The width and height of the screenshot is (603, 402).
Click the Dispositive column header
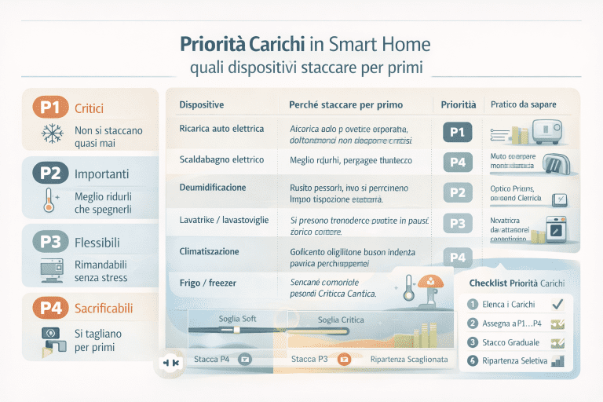click(x=202, y=104)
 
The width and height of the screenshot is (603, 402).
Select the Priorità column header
click(x=458, y=104)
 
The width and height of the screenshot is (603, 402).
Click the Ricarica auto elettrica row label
click(x=221, y=128)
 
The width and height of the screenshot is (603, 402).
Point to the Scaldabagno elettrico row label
click(x=221, y=159)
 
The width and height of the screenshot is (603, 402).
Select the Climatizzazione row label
click(x=209, y=252)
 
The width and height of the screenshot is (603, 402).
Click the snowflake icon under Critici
click(x=52, y=136)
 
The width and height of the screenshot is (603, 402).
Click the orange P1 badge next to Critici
click(x=51, y=108)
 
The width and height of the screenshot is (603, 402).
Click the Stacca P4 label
click(x=211, y=360)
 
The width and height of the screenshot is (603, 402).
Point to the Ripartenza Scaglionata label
click(x=408, y=360)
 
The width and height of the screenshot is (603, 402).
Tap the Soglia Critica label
click(x=340, y=320)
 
